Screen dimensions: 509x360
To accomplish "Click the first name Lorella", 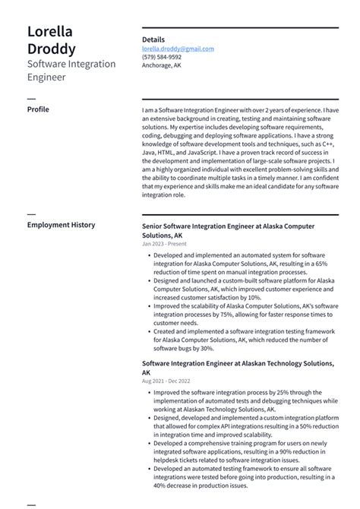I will click(49, 32).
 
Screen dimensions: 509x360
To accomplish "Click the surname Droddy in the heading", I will click(51, 49).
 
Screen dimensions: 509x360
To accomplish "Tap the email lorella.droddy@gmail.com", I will click(178, 49).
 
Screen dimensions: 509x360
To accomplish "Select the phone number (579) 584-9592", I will click(162, 57).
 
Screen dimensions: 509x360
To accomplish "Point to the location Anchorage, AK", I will click(161, 65).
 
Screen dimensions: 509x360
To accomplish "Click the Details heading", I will click(153, 40).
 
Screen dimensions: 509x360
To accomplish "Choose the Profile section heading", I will click(38, 109).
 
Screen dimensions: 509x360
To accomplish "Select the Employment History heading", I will click(62, 225).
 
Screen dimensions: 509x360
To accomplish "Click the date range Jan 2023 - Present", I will click(164, 245).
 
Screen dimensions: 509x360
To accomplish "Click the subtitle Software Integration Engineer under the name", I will click(71, 71).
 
